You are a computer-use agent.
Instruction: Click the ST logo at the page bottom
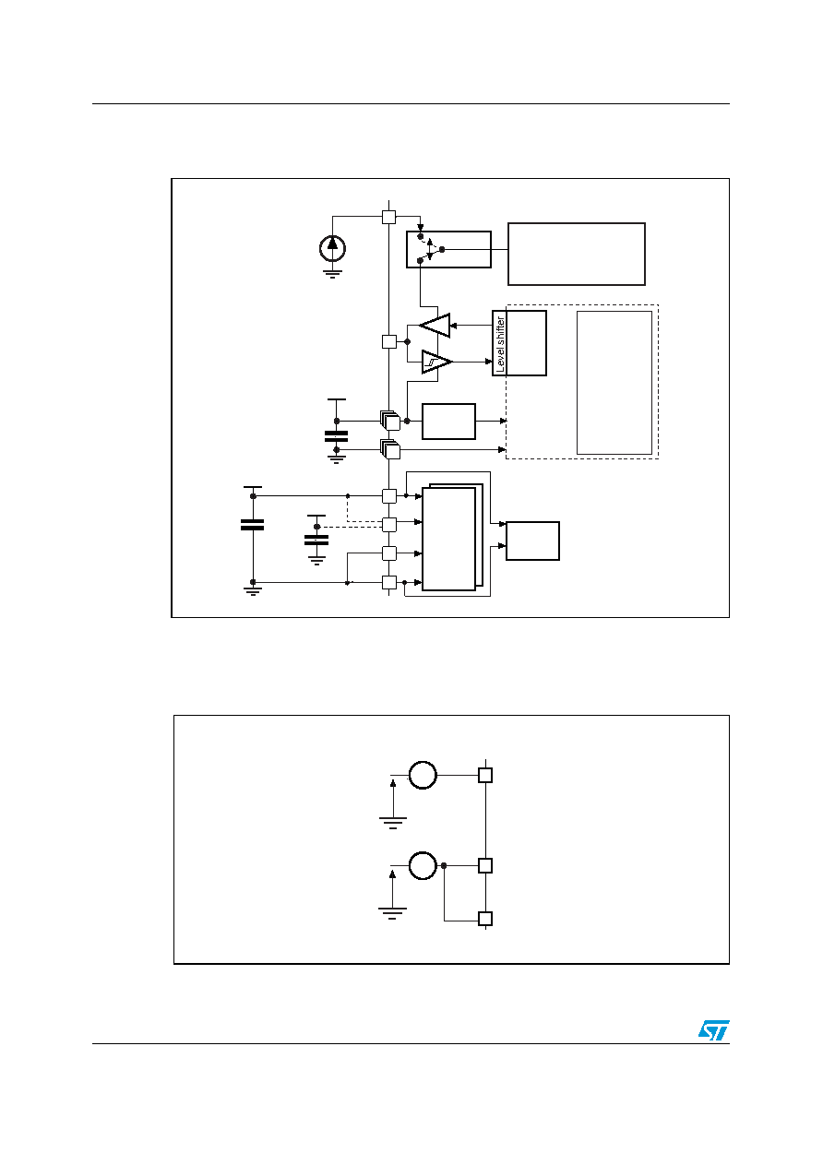coord(713,1029)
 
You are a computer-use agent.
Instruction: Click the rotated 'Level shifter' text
coord(500,344)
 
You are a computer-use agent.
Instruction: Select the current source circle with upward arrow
coord(332,249)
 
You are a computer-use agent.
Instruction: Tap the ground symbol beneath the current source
coord(332,274)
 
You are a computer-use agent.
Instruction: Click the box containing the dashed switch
coord(448,250)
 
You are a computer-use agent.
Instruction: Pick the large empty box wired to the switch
coord(577,254)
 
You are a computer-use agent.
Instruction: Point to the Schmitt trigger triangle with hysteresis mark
coord(436,362)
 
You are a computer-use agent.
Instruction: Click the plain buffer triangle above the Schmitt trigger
coord(435,326)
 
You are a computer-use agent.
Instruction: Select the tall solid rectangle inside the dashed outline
coord(614,382)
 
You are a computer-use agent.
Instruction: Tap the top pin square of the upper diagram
coord(388,217)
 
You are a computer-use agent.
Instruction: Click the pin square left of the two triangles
coord(389,341)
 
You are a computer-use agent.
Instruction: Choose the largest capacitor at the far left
coord(252,525)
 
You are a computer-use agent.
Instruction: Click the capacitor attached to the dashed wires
coord(316,540)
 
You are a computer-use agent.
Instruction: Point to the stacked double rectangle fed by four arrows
coord(452,538)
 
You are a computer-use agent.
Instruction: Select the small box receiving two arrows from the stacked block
coord(532,541)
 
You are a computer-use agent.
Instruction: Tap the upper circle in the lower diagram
coord(423,775)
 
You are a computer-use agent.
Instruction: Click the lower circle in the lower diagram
coord(423,865)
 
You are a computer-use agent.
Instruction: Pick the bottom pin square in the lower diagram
coord(485,919)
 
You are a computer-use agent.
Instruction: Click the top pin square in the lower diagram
coord(485,776)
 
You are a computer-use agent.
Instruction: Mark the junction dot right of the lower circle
coord(444,865)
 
